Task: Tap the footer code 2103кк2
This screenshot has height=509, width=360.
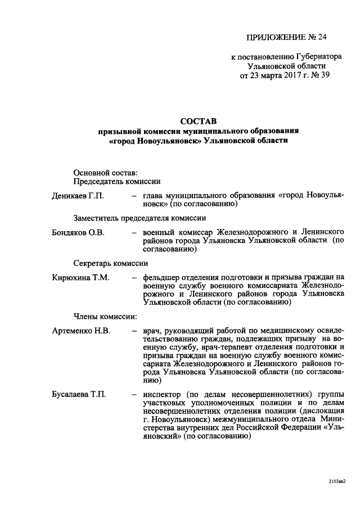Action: (336, 481)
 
